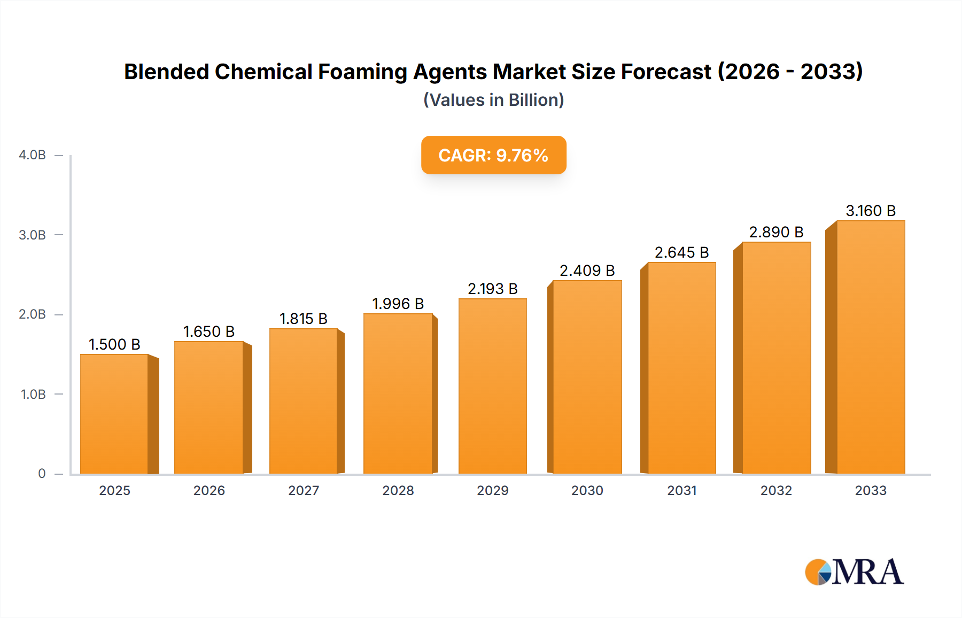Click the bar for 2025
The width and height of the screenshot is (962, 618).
point(114,414)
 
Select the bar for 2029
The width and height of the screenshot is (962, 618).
point(493,386)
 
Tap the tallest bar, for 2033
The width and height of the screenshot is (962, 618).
point(870,347)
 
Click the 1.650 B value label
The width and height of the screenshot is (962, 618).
point(209,331)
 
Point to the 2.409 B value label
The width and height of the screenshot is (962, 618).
point(587,271)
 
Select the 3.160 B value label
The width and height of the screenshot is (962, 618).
point(870,211)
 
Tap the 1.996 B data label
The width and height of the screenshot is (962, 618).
point(398,304)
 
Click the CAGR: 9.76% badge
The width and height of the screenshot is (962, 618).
point(493,155)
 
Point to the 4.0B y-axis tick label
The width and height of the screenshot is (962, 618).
point(32,155)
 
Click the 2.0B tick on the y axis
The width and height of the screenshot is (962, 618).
point(32,314)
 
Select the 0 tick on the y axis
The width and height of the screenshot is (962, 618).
point(42,474)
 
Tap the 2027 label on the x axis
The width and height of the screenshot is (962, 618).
point(304,490)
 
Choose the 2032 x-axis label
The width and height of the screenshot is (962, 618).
point(776,490)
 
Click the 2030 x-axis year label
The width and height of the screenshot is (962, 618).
point(587,490)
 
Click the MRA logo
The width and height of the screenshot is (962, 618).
point(854,572)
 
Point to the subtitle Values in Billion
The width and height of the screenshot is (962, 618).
point(493,100)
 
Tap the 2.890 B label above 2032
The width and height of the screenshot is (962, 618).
point(776,232)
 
